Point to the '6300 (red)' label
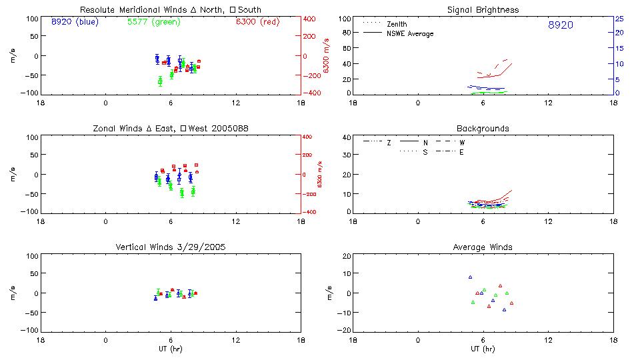pyautogui.click(x=257, y=22)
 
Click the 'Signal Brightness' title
pyautogui.click(x=483, y=10)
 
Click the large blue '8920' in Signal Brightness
pyautogui.click(x=560, y=25)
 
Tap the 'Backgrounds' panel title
pyautogui.click(x=483, y=128)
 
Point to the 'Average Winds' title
pyautogui.click(x=483, y=247)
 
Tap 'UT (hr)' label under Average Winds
pyautogui.click(x=483, y=349)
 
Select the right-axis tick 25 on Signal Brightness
pyautogui.click(x=619, y=19)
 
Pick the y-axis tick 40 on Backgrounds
pyautogui.click(x=346, y=138)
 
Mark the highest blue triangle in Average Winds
pyautogui.click(x=470, y=277)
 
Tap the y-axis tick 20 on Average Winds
pyautogui.click(x=346, y=256)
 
